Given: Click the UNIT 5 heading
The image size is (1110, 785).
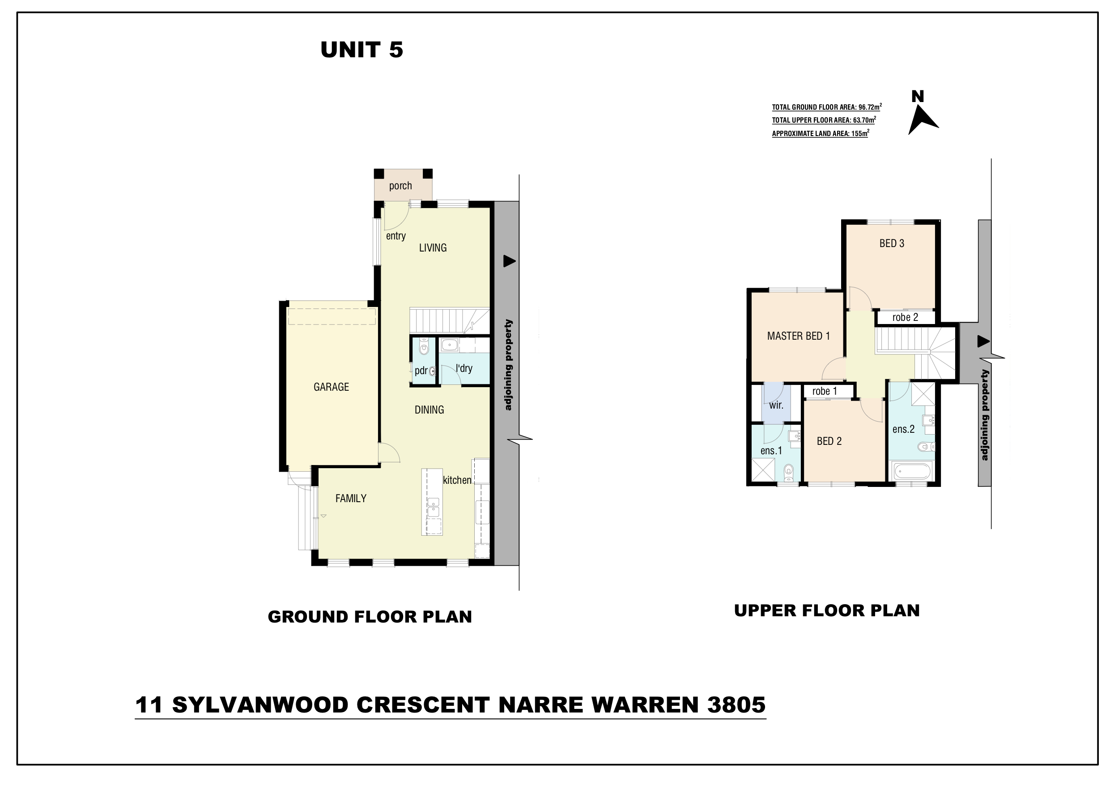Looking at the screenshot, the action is click(361, 50).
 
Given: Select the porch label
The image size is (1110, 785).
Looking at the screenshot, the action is click(400, 186).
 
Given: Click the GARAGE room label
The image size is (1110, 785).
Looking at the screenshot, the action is click(331, 387).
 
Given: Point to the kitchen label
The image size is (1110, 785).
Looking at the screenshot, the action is click(457, 480).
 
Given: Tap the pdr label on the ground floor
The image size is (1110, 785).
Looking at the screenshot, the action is click(421, 371).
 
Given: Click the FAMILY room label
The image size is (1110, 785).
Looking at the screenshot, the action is click(351, 498).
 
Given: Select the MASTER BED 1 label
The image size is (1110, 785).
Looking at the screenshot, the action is click(798, 336).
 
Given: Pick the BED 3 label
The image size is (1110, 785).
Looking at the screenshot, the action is click(892, 243).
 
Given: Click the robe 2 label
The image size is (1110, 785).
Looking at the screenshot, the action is click(905, 317).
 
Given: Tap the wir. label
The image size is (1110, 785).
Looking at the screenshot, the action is click(776, 405).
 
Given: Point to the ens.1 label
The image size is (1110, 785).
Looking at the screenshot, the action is click(771, 451).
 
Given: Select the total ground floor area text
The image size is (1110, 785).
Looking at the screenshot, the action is click(827, 107).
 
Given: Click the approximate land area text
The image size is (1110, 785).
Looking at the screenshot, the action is click(821, 133).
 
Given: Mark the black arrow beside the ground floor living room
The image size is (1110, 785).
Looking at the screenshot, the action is click(510, 261).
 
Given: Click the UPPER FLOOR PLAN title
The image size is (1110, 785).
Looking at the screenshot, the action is click(827, 610).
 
